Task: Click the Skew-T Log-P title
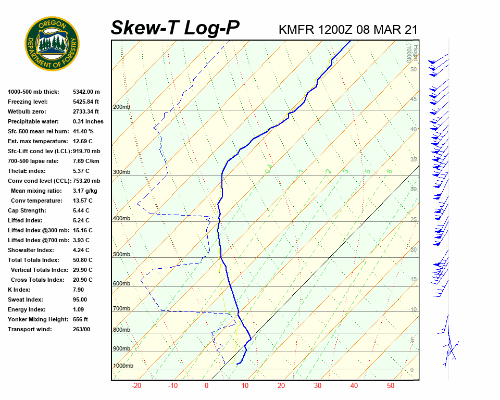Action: pyautogui.click(x=175, y=28)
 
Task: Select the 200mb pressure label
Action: pyautogui.click(x=121, y=107)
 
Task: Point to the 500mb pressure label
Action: pyautogui.click(x=121, y=254)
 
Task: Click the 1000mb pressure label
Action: pyautogui.click(x=123, y=366)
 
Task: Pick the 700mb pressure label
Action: pyautogui.click(x=121, y=309)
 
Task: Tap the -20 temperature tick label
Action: pyautogui.click(x=136, y=386)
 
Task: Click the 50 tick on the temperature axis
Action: pyautogui.click(x=391, y=386)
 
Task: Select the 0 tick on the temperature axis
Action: pyautogui.click(x=206, y=386)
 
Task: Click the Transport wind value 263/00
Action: pyautogui.click(x=81, y=329)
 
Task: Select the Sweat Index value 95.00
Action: pyautogui.click(x=80, y=299)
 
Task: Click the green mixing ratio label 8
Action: pyautogui.click(x=389, y=171)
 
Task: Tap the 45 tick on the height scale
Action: pyautogui.click(x=414, y=99)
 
